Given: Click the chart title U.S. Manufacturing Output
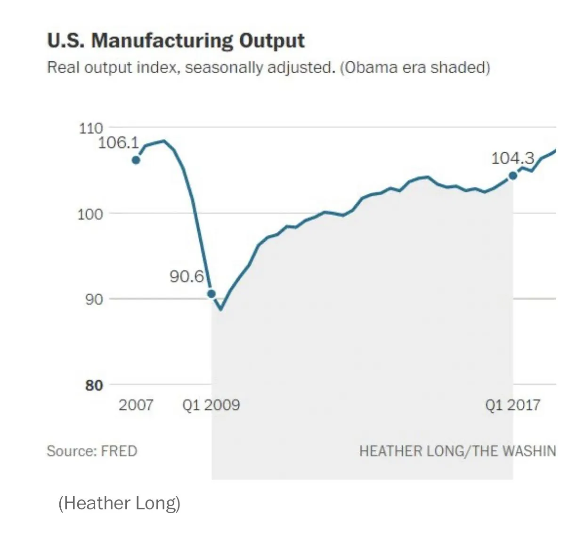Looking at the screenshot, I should [x=176, y=41].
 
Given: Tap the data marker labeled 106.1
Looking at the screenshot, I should [x=136, y=160].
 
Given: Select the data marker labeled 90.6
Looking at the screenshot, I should [x=211, y=294].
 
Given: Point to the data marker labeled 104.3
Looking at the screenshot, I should [x=513, y=176].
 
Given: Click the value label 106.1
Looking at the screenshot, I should [x=118, y=143].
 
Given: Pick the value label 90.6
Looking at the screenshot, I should [x=187, y=276].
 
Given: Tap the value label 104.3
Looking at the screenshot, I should [x=512, y=158].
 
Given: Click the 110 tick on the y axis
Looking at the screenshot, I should [x=90, y=128].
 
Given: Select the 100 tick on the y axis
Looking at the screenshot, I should [x=90, y=214].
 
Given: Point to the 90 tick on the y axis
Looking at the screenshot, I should [x=94, y=299].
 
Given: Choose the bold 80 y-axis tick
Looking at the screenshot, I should [x=94, y=385].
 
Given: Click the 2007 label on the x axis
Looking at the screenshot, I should [x=136, y=405].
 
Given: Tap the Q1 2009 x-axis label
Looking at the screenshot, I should [x=211, y=405].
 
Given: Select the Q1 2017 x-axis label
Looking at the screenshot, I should [x=512, y=405].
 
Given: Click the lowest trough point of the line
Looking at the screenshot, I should [x=220, y=309].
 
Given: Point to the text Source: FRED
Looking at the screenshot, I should [x=92, y=451].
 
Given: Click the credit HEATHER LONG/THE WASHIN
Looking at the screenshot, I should [x=457, y=451].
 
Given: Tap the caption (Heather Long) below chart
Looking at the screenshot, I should [x=119, y=503].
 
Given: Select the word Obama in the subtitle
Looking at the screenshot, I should [x=371, y=67].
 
